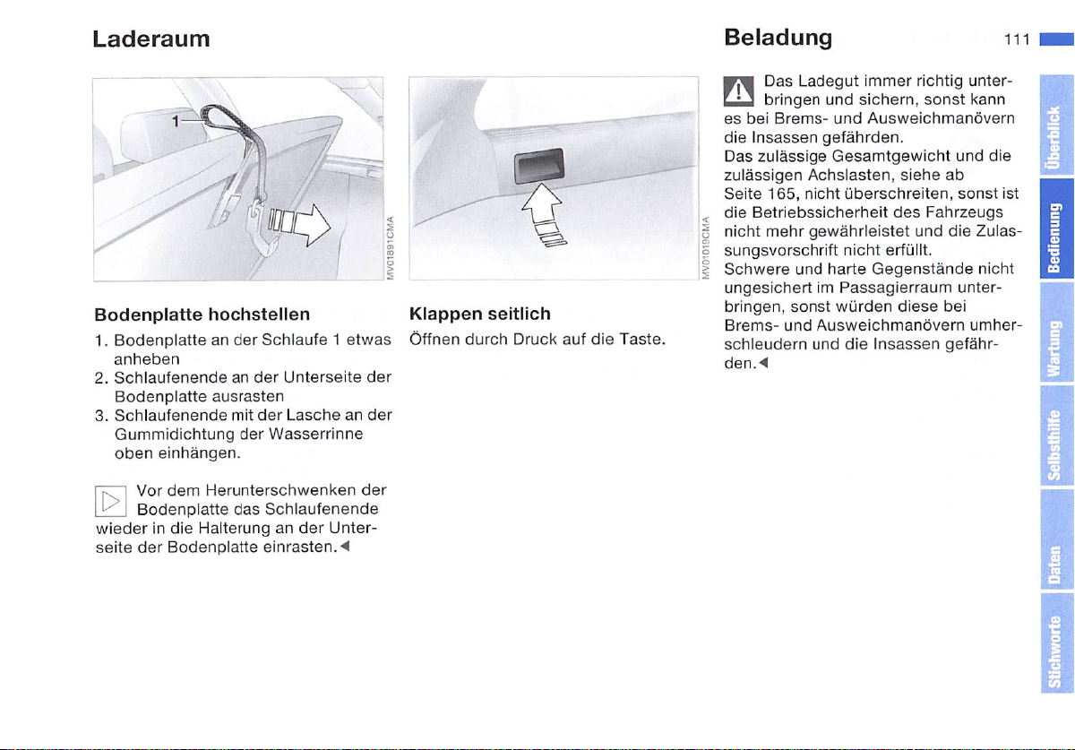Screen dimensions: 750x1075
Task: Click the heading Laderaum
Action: pos(151,39)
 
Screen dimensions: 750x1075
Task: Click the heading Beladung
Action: pos(778,38)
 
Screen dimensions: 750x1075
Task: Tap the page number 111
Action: pos(1016,39)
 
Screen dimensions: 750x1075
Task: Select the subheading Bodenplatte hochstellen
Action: pos(202,315)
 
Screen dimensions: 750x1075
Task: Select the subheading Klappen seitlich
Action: pos(479,315)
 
